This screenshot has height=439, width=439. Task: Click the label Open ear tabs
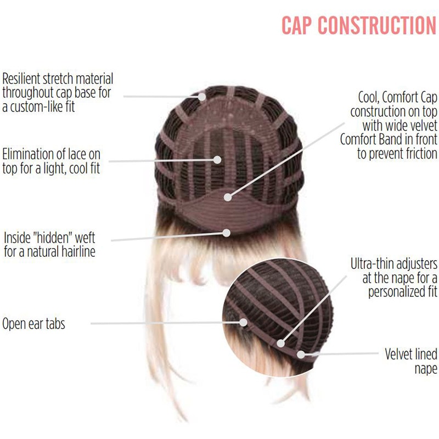click(x=33, y=323)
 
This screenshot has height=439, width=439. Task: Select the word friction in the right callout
click(x=416, y=154)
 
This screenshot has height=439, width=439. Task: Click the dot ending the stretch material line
click(x=202, y=97)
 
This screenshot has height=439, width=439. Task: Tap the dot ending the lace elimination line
click(x=218, y=160)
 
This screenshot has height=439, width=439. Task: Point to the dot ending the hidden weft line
click(x=226, y=232)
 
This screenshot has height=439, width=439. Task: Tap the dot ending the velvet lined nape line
click(x=301, y=354)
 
